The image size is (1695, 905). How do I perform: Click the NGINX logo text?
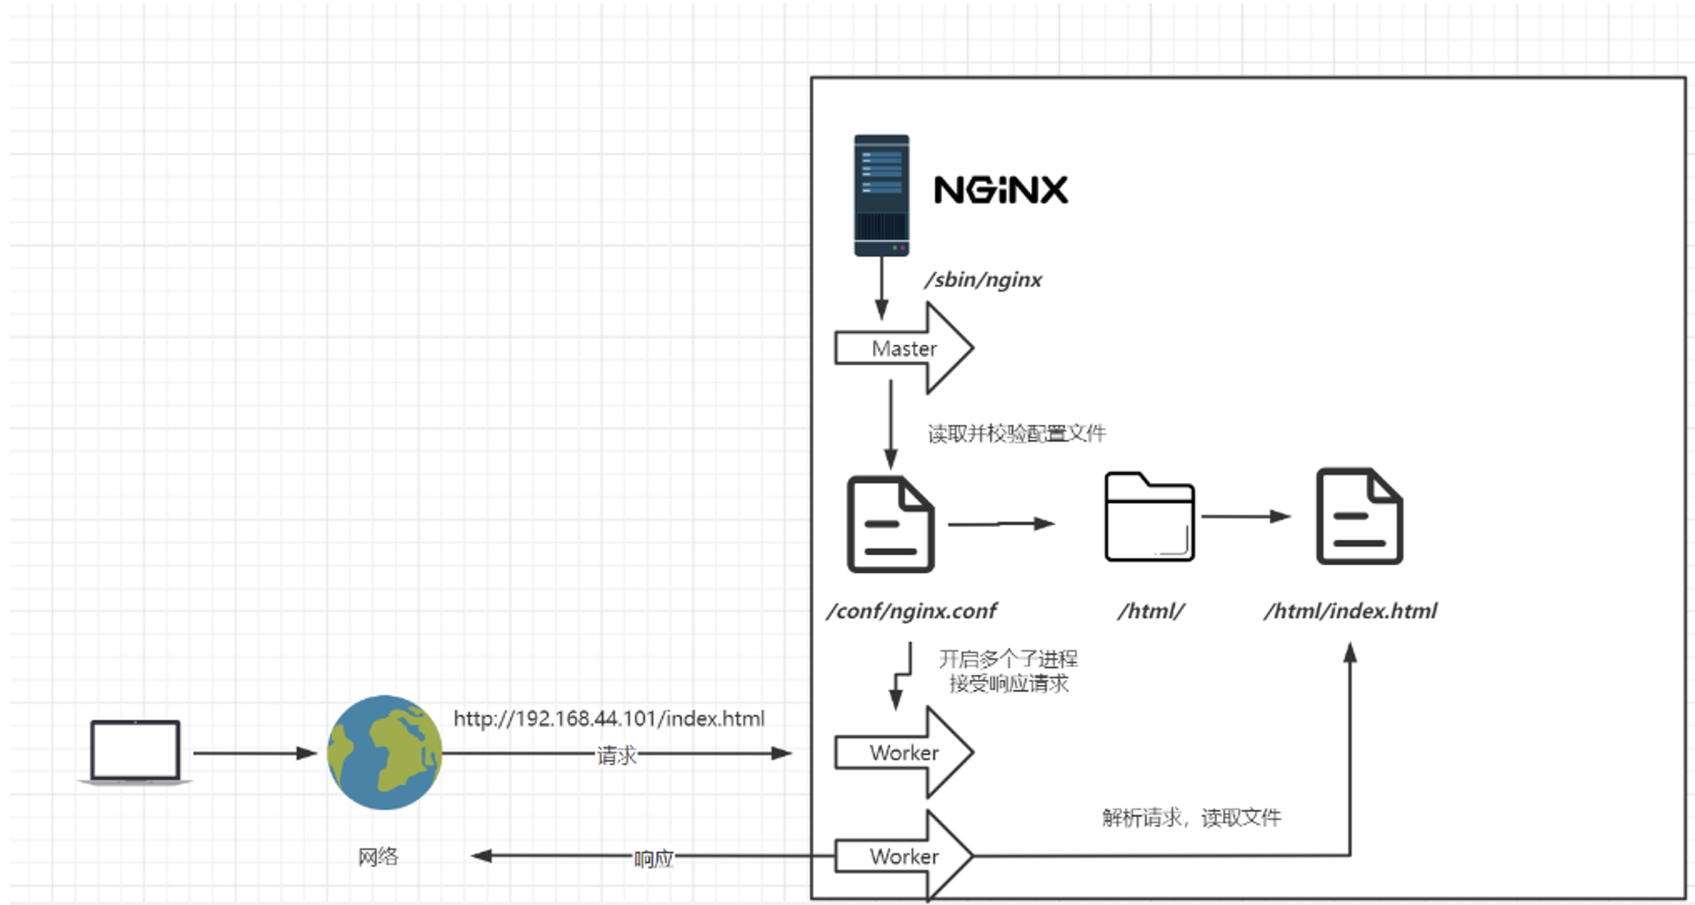pyautogui.click(x=1000, y=190)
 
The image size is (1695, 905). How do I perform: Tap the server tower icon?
pyautogui.click(x=881, y=195)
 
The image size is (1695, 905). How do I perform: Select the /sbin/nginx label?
pyautogui.click(x=983, y=280)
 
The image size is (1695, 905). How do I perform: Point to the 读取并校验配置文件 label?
pyautogui.click(x=1016, y=434)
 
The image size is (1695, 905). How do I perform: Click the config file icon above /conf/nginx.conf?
pyautogui.click(x=891, y=524)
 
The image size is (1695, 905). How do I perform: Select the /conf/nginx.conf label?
pyautogui.click(x=912, y=611)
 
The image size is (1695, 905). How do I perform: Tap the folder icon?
pyautogui.click(x=1149, y=517)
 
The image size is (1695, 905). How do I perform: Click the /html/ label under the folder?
pyautogui.click(x=1150, y=611)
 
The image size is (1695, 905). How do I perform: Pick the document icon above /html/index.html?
pyautogui.click(x=1359, y=516)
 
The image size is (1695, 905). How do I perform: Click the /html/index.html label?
pyautogui.click(x=1351, y=611)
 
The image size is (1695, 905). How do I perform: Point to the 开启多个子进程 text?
pyautogui.click(x=1009, y=659)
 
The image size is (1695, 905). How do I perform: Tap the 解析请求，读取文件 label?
pyautogui.click(x=1192, y=818)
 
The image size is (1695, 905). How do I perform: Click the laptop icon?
pyautogui.click(x=136, y=752)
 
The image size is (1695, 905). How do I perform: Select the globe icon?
pyautogui.click(x=385, y=752)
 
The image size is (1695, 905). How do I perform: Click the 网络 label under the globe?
pyautogui.click(x=378, y=857)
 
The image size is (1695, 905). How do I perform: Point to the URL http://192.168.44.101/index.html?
pyautogui.click(x=609, y=719)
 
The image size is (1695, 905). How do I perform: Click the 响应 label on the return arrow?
pyautogui.click(x=653, y=858)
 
